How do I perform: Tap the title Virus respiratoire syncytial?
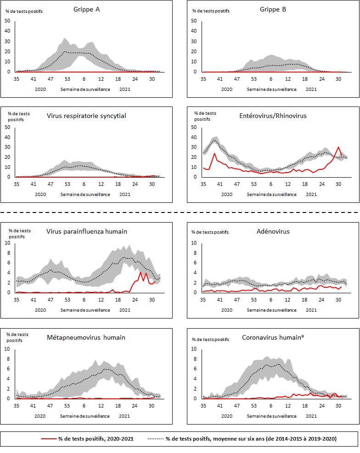point(86,116)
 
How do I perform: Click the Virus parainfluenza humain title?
point(86,231)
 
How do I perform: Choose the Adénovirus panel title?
point(273,231)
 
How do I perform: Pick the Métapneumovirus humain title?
point(86,337)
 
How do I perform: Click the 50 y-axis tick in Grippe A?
point(7,21)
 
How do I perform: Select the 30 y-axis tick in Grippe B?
point(194,41)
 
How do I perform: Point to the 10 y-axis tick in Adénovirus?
point(194,243)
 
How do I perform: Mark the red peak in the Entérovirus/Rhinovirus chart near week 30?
point(338,147)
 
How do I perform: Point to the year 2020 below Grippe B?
point(227,89)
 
